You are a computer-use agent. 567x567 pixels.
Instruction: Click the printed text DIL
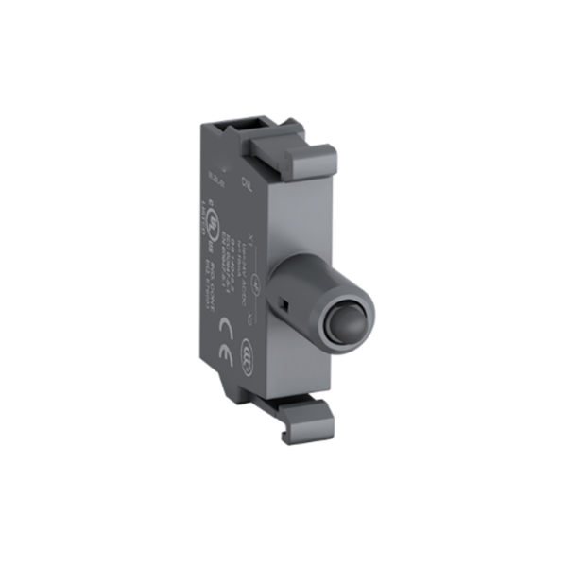point(245,177)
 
